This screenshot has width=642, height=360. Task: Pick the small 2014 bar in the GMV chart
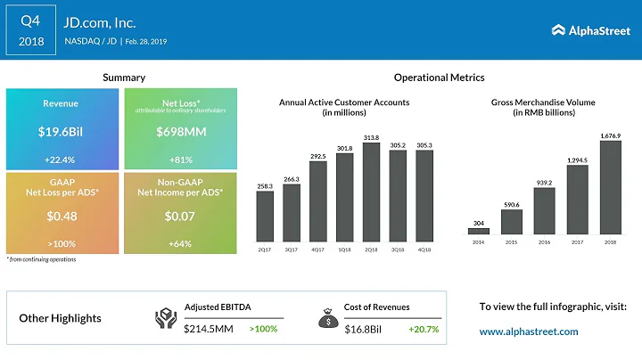tap(479, 231)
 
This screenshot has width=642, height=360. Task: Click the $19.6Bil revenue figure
tap(60, 132)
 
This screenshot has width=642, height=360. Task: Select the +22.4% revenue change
tap(60, 160)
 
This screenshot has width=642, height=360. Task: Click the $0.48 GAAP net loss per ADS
tap(60, 217)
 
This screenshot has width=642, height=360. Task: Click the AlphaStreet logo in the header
tap(590, 30)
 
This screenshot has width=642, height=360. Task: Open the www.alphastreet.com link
tap(529, 331)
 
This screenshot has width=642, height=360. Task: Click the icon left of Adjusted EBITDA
tap(167, 317)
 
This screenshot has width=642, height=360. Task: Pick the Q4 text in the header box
tap(31, 20)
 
